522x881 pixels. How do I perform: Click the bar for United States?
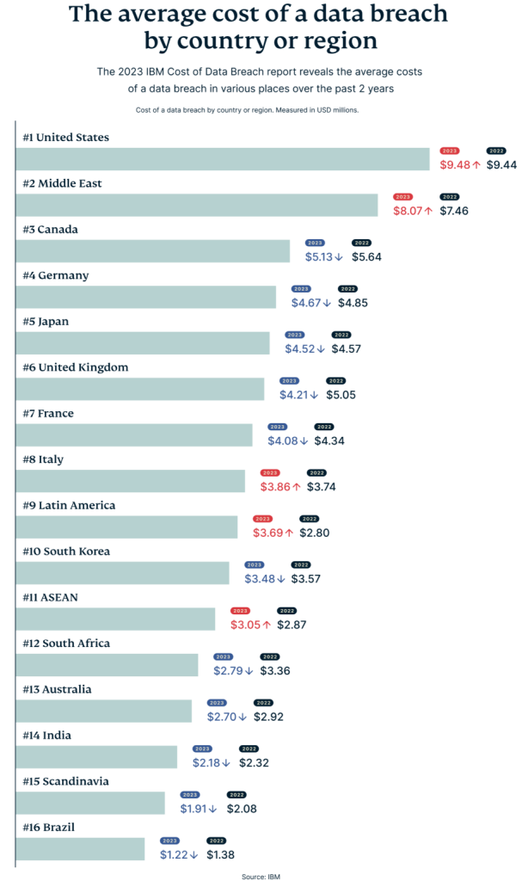pos(223,159)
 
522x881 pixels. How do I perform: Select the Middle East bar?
pos(197,205)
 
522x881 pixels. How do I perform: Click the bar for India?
pos(96,757)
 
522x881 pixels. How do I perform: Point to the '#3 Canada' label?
pos(51,230)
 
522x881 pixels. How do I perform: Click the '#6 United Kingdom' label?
pos(76,367)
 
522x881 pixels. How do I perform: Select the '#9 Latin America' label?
pos(69,505)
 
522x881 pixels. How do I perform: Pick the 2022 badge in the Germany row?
pos(348,289)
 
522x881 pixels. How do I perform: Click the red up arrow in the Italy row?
pos(297,487)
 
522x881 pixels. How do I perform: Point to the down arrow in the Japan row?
pos(321,349)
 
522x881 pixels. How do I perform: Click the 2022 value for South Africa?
pos(275,671)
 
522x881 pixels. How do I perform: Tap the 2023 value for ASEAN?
pos(245,625)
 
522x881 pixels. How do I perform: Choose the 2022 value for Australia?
pos(267,717)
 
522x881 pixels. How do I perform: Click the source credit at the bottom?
pos(261,874)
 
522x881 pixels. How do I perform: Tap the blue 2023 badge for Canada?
pos(315,243)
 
